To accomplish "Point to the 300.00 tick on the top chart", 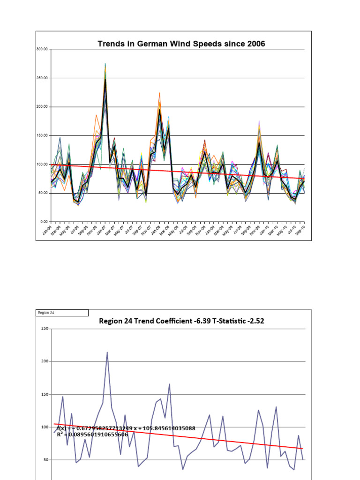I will coord(43,49).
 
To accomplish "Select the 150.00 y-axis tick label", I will coord(43,135).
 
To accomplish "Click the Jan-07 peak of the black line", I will coord(105,79).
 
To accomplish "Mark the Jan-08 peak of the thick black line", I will coord(159,109).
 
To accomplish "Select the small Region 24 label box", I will coord(62,313).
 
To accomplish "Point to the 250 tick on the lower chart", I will coord(45,329).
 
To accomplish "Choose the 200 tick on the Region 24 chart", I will coord(45,362).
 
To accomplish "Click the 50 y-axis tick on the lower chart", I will coord(46,460).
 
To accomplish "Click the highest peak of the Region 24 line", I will coord(107,352).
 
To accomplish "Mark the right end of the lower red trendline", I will coord(302,449).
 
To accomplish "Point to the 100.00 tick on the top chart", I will coord(43,164).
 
